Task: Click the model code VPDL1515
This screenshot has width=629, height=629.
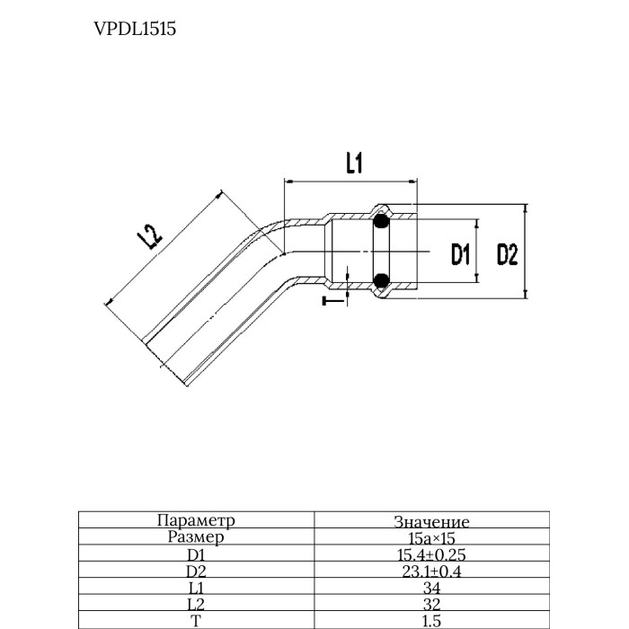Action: coord(135,29)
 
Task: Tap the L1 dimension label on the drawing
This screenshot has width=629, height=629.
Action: coord(353,163)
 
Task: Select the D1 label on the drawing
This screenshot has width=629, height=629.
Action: coord(461,255)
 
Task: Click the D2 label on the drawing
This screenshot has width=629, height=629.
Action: coord(508,255)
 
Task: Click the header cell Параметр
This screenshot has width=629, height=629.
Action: coord(196,520)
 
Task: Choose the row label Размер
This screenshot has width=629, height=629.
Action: coord(196,537)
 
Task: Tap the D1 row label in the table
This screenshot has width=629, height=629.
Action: coord(196,554)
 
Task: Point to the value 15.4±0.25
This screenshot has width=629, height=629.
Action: coord(431,555)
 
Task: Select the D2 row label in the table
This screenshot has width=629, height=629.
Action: coord(196,571)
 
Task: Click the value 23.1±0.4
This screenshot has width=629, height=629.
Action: coord(431,571)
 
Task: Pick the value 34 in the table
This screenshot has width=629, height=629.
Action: coord(431,588)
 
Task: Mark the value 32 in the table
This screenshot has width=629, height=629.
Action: coord(431,604)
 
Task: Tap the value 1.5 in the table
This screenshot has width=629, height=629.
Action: coord(431,620)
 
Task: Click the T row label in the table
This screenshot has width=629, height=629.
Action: coord(196,620)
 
